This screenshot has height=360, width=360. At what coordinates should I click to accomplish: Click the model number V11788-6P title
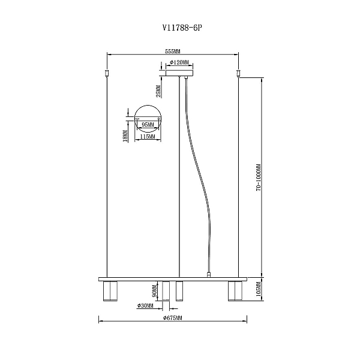(x=182, y=28)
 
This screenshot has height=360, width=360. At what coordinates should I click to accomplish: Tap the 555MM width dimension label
(x=173, y=52)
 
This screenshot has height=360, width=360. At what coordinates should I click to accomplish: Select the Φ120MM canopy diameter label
(x=179, y=62)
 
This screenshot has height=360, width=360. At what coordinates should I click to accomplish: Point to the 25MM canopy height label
(x=158, y=91)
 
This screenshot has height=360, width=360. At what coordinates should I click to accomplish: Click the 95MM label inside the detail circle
(x=148, y=125)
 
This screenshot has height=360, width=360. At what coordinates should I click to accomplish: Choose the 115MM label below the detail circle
(x=148, y=137)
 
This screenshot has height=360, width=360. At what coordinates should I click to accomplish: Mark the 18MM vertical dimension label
(x=125, y=136)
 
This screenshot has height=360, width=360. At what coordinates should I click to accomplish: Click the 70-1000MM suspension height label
(x=259, y=178)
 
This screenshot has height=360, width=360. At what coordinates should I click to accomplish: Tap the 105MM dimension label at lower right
(x=259, y=291)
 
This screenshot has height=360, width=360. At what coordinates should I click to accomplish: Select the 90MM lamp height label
(x=155, y=291)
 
